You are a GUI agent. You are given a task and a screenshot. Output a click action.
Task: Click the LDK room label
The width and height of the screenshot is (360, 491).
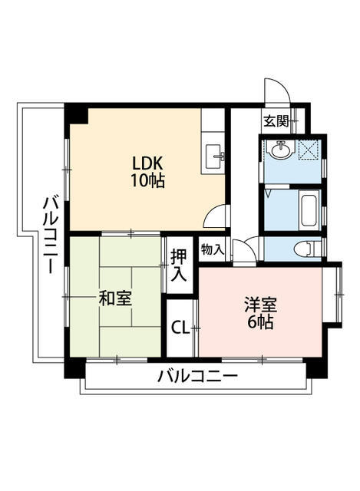click(148, 163)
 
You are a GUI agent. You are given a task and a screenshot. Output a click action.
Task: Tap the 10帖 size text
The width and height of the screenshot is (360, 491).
click(148, 182)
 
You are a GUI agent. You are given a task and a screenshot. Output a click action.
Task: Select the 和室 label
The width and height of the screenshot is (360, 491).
click(114, 298)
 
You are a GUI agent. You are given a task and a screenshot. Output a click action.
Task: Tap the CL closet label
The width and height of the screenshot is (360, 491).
click(180, 328)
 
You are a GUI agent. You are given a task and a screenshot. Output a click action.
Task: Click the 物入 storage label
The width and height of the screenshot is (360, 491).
click(212, 249)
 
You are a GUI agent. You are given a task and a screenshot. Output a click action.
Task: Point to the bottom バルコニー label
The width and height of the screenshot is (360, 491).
click(197, 377)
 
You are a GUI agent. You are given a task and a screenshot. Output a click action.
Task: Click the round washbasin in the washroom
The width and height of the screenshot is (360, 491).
click(279, 153)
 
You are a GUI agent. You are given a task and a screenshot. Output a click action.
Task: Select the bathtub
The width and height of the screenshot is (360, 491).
click(308, 210)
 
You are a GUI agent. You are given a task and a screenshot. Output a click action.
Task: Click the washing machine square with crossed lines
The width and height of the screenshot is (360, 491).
click(309, 151)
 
